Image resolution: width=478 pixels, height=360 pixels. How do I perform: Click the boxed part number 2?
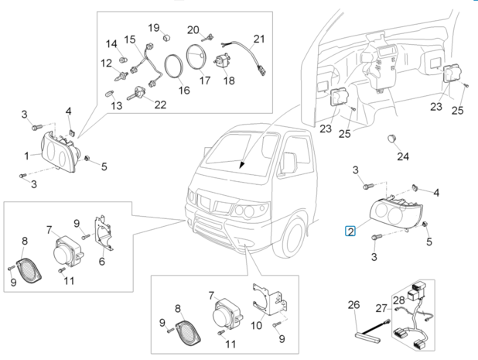coord(350,231)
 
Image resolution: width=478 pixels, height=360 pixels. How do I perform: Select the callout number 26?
coord(353,305)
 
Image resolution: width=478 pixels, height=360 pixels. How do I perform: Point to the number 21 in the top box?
coord(258,39)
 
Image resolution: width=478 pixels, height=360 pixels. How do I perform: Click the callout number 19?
coord(154,28)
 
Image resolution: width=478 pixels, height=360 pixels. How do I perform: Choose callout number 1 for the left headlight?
coord(26,156)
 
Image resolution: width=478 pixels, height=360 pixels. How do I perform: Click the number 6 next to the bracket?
coord(101,261)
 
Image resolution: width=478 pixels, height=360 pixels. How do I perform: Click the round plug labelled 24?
coord(392,139)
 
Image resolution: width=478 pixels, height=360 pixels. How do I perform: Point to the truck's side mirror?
coord(289,163)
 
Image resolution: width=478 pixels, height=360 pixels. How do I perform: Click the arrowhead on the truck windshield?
coord(242,165)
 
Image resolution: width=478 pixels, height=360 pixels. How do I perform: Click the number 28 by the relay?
coord(398,299)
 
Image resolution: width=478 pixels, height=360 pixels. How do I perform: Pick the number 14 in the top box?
coord(111,43)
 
